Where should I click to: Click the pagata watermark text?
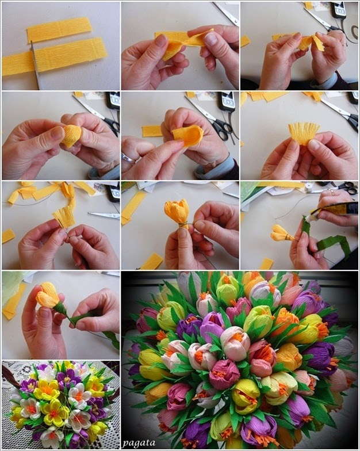coord(139,443)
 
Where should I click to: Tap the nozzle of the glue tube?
coord(308,218)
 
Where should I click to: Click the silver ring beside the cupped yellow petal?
coord(126,158)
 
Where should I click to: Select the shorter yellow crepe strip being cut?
coord(59,29)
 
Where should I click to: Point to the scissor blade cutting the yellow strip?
coord(35,64)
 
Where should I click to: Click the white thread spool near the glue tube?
coord(309,188)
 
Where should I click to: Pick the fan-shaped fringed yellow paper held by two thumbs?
coord(304,133)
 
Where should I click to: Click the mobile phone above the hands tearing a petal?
coord(338,10)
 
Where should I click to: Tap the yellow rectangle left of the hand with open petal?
coord(152,131)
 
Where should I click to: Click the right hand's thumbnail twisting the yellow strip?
coord(211,39)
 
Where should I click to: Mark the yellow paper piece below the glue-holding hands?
coord(266,263)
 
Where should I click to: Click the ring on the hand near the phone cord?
coord(344,44)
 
